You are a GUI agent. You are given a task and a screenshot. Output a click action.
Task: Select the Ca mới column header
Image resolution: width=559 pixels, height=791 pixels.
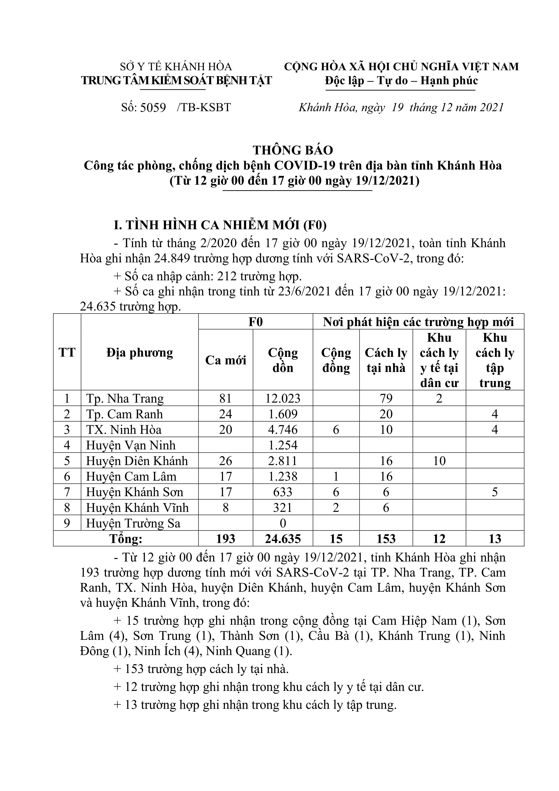click(226, 360)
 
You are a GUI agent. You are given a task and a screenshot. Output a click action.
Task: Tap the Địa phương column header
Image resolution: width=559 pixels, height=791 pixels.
click(139, 352)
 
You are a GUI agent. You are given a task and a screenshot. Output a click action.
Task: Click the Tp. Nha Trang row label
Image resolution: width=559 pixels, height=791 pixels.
click(125, 399)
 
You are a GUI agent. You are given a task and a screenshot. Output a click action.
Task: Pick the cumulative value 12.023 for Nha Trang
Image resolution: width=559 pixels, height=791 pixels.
click(283, 399)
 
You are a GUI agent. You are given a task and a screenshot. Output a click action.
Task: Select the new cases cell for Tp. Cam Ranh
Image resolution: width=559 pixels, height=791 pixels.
click(226, 414)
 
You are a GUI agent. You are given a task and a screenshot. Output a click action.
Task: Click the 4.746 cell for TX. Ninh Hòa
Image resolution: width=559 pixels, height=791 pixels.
click(283, 430)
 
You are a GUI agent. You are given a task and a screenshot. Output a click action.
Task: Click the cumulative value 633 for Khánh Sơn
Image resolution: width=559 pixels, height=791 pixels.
click(283, 492)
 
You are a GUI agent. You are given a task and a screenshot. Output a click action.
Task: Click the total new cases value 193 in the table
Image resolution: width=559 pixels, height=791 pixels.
click(226, 539)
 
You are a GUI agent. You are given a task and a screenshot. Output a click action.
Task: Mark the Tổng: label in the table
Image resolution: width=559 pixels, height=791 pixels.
click(126, 539)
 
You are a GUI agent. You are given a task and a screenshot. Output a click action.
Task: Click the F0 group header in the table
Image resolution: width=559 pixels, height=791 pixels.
click(256, 322)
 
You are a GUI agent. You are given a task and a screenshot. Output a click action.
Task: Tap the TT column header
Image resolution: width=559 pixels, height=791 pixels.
click(67, 352)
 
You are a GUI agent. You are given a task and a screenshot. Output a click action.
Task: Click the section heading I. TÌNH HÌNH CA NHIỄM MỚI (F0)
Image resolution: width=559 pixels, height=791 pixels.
click(220, 225)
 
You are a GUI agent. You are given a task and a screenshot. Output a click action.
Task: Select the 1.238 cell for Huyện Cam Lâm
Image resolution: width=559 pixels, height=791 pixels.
click(283, 477)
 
